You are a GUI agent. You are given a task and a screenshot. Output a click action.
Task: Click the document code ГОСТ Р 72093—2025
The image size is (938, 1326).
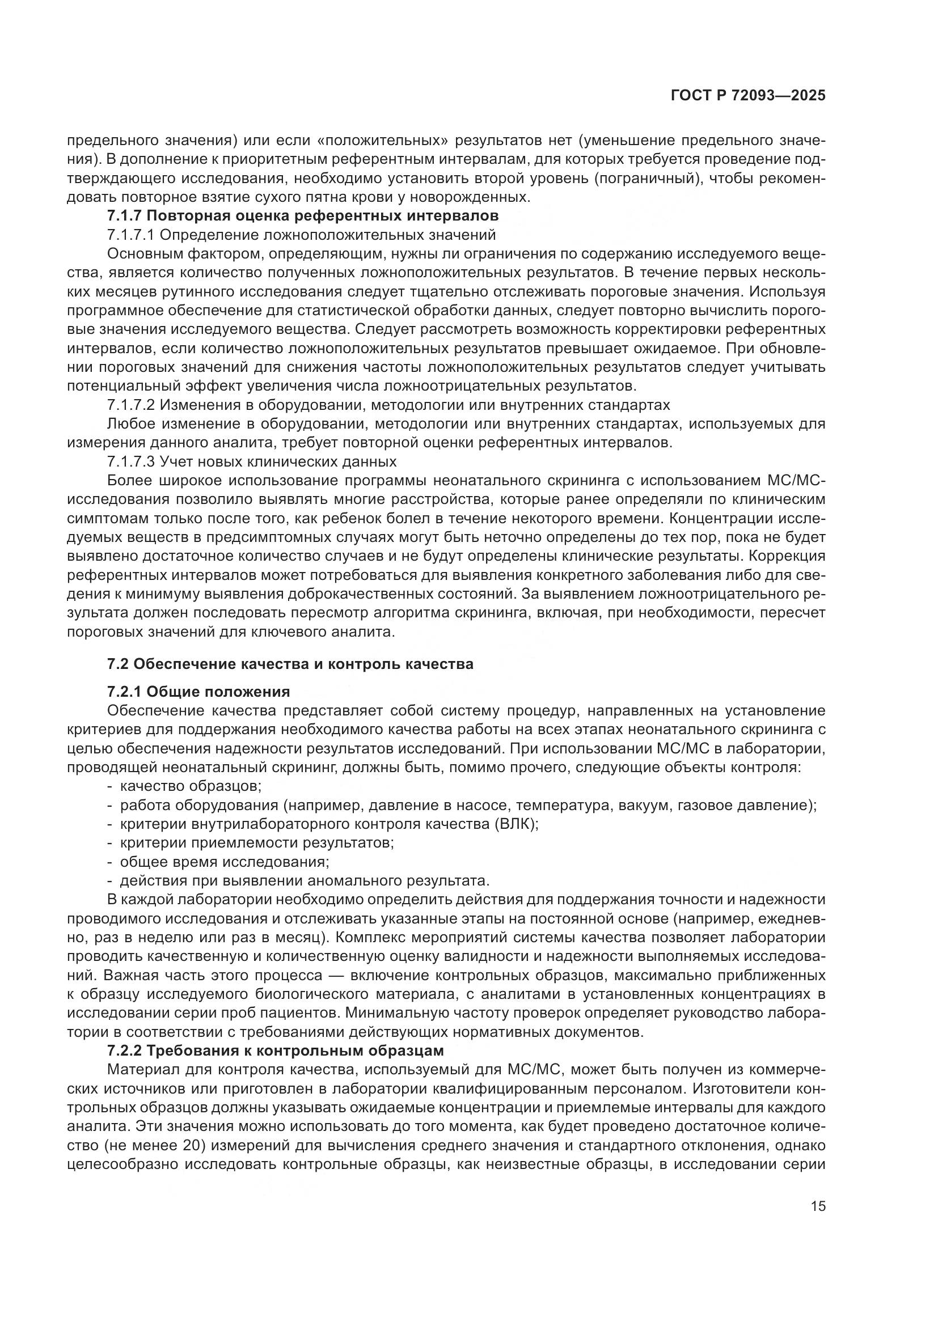coord(748,96)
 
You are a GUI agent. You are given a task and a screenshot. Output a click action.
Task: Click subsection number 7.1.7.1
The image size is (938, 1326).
coord(130,235)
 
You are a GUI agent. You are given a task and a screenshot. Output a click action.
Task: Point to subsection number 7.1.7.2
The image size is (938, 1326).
coord(130,404)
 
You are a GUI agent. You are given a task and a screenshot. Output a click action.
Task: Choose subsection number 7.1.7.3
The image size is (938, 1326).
coord(130,461)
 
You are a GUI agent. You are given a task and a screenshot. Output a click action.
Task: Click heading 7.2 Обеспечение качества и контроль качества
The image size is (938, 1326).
coord(290,664)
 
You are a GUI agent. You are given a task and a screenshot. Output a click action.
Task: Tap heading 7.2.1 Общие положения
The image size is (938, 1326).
coord(198,691)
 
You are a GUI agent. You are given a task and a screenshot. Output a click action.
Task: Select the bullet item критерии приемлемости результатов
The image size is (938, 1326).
coord(256,842)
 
